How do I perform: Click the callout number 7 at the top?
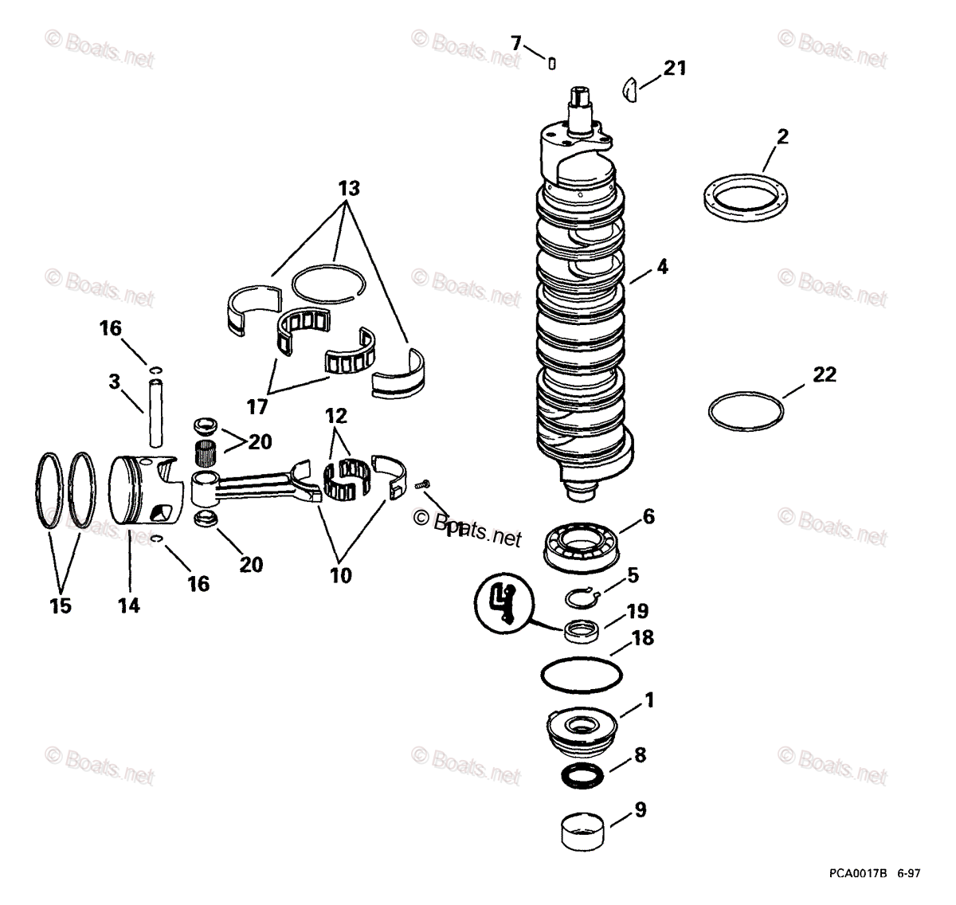516,43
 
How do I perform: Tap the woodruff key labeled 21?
630,89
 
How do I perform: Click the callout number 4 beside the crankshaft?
662,268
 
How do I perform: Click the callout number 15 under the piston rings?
61,605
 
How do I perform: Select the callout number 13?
348,189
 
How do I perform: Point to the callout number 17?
257,406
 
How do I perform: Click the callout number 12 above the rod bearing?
336,416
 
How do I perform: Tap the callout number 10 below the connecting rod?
340,574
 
